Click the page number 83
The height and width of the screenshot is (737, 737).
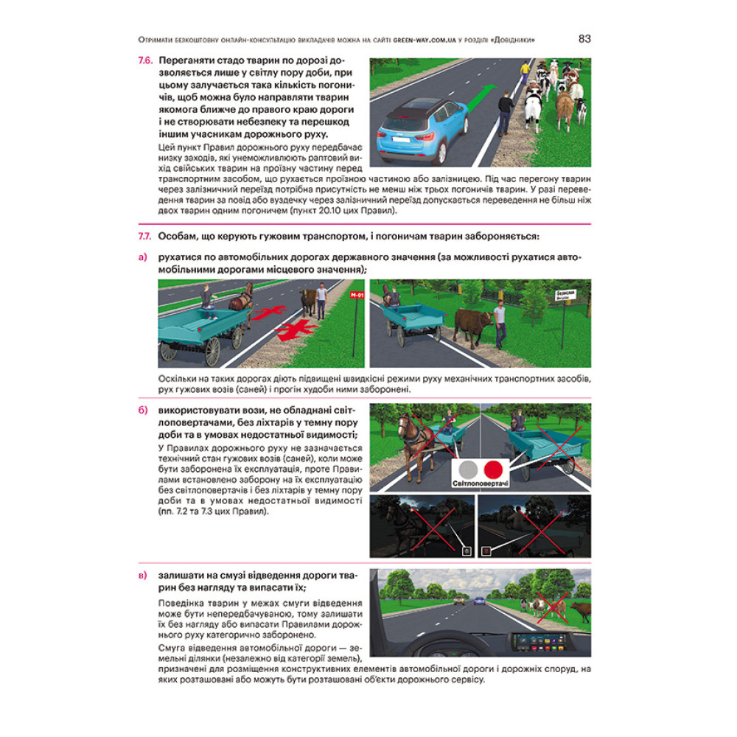click(x=584, y=39)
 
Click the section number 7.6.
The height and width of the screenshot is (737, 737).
click(x=145, y=60)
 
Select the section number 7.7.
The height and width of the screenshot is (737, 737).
click(x=144, y=237)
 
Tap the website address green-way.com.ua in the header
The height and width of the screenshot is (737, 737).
click(x=425, y=41)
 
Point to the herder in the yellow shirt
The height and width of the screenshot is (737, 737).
click(x=525, y=72)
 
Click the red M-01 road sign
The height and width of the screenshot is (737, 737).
click(x=357, y=296)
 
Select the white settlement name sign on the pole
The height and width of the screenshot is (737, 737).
click(x=565, y=296)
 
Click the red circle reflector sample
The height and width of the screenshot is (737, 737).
click(x=494, y=469)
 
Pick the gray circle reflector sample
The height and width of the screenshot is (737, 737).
click(x=468, y=469)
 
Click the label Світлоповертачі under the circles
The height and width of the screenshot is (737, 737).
click(x=481, y=483)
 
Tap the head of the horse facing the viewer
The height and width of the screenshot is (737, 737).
click(x=404, y=426)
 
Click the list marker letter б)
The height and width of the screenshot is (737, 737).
click(x=143, y=410)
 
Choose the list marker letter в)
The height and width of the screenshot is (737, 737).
click(x=143, y=576)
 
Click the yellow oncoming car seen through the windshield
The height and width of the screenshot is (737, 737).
click(x=459, y=600)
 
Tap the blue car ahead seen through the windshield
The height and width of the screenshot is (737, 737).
click(x=480, y=600)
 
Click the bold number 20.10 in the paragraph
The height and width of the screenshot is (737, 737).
click(x=329, y=211)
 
